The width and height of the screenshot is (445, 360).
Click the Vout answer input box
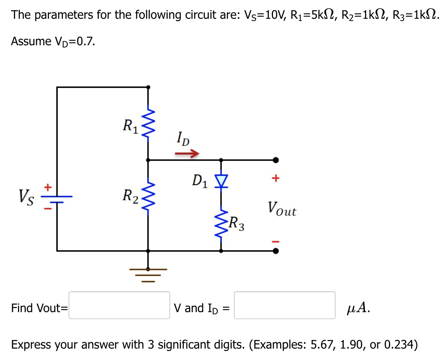(x=119, y=305)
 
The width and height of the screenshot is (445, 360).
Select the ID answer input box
(x=285, y=305)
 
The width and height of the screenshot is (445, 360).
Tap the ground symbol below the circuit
(x=148, y=274)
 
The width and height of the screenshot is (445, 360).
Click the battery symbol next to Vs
(x=57, y=199)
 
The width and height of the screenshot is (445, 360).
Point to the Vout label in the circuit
(x=282, y=209)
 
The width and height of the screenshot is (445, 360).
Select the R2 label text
(x=130, y=196)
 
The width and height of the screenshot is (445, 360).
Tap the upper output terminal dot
(x=276, y=160)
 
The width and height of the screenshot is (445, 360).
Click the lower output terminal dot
(x=276, y=251)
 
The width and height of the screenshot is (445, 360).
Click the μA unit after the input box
(x=358, y=307)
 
